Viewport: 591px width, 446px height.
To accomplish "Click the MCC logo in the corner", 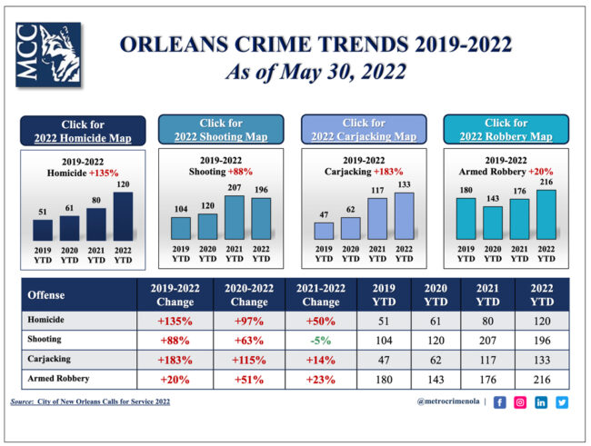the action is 48,55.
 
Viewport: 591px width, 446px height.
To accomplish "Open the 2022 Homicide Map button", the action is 83,131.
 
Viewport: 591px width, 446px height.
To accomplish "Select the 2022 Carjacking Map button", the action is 364,129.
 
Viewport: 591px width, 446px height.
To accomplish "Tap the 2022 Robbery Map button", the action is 506,129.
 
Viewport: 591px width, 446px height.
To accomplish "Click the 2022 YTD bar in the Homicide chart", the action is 123,216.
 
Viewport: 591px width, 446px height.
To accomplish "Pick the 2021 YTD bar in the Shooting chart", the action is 235,217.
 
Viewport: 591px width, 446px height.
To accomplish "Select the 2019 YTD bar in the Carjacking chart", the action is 324,231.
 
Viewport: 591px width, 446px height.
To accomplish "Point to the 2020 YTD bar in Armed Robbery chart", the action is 493,223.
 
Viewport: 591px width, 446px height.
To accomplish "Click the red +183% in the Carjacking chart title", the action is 388,172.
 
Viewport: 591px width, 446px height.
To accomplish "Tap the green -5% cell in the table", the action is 321,341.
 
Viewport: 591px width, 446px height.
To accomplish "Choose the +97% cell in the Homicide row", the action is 249,321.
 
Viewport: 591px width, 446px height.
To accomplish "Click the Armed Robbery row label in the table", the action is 58,378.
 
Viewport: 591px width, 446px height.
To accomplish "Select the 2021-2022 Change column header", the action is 321,295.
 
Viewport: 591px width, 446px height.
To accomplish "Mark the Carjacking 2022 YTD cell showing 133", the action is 542,360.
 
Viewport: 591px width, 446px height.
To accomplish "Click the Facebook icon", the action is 500,402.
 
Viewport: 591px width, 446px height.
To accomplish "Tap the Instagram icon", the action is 520,402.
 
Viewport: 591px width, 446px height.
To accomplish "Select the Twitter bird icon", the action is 562,402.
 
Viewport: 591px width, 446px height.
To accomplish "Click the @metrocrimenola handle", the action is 448,401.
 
